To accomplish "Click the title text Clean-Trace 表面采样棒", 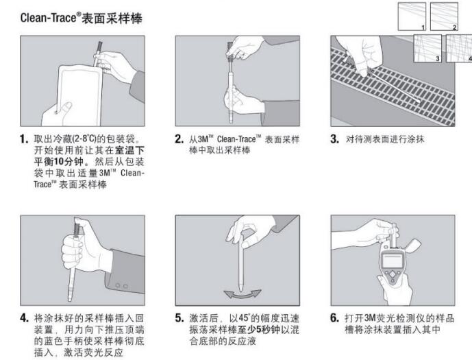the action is (x=82, y=18).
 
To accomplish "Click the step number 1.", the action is (x=24, y=139).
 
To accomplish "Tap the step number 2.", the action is (x=179, y=139).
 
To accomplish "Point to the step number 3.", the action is (x=334, y=139).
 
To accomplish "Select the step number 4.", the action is (x=25, y=317).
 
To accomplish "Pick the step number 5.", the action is (x=179, y=317).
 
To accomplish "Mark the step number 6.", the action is (x=335, y=317).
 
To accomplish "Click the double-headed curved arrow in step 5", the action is (x=243, y=294).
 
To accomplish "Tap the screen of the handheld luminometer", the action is (x=393, y=261).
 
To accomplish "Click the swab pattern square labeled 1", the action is (x=412, y=16).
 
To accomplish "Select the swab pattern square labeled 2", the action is (x=444, y=16).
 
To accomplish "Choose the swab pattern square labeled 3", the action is (x=427, y=48).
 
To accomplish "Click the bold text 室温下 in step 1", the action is (x=129, y=150).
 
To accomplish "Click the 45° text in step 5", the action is (x=245, y=318).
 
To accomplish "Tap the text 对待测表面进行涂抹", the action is (x=385, y=139).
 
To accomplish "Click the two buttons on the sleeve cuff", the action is (x=121, y=285).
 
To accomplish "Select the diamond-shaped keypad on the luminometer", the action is (x=393, y=274).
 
